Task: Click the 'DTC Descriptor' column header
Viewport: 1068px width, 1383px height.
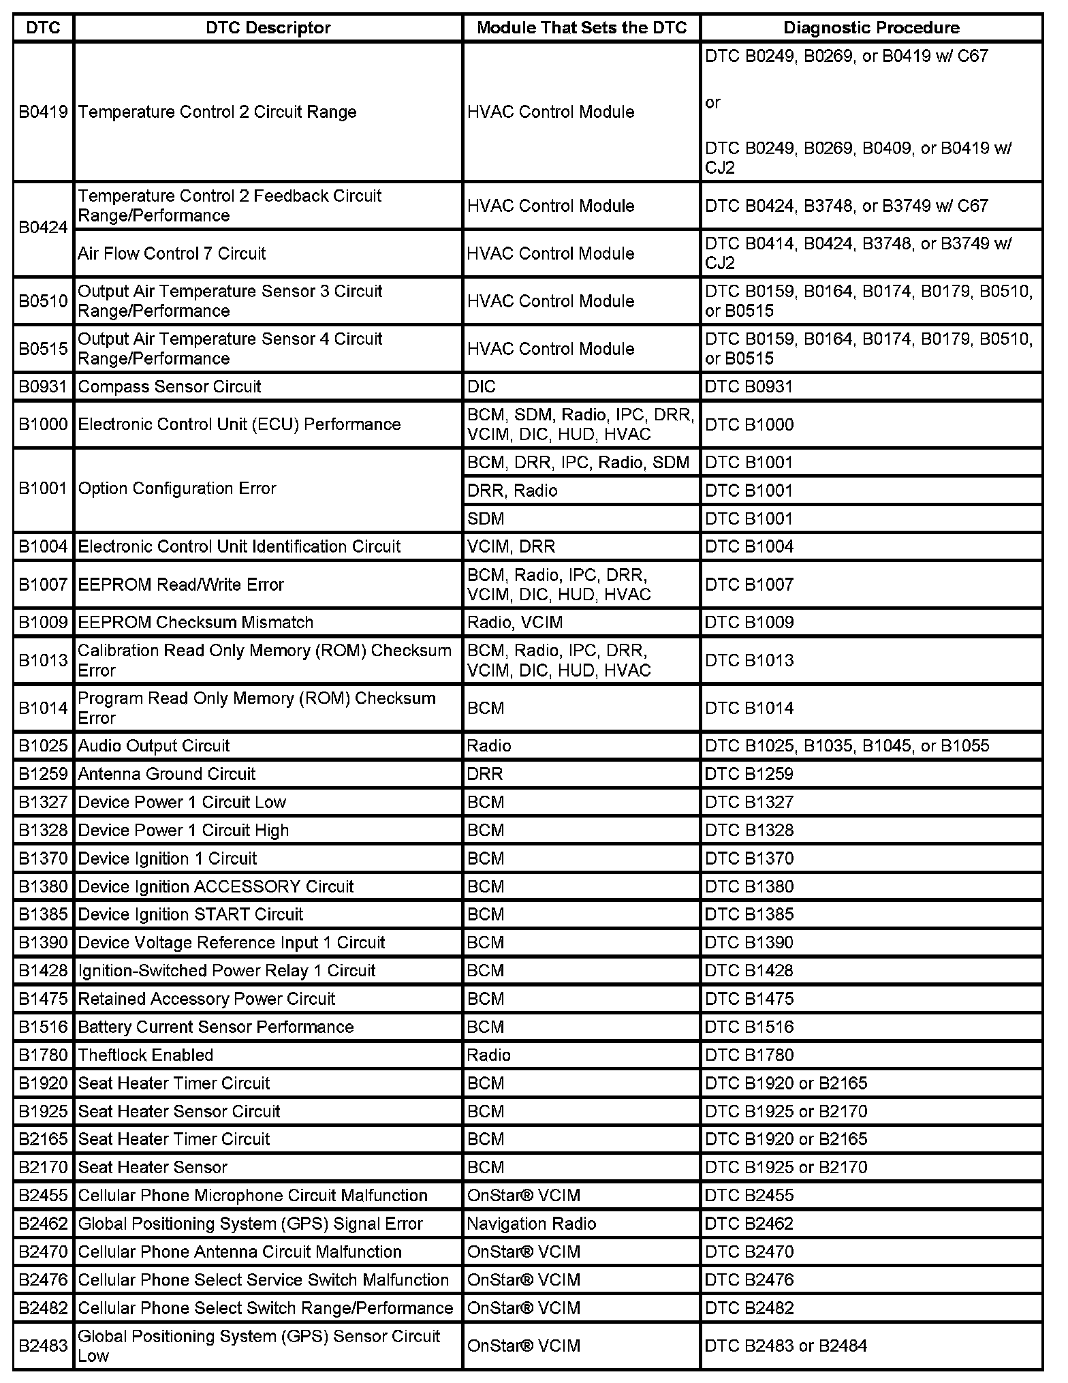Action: coord(268,28)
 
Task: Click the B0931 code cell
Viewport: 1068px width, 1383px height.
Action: coord(43,386)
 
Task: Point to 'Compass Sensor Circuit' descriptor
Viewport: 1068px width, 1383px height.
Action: coord(170,386)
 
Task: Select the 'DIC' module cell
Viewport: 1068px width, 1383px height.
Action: coord(482,386)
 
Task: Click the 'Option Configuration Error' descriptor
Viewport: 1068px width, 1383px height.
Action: coord(177,488)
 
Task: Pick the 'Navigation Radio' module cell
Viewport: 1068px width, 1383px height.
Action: coord(531,1224)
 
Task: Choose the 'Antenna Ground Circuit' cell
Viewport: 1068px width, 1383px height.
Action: coord(167,774)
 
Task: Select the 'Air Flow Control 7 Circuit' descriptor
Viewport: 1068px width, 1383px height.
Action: coord(172,253)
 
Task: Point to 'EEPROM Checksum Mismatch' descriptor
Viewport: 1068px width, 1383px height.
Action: coord(195,622)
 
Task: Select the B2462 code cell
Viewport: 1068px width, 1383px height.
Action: coord(43,1224)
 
